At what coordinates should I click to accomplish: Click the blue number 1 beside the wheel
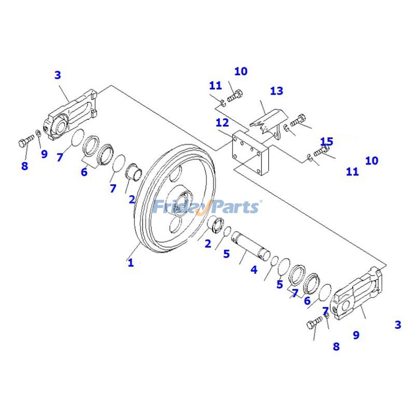click(x=131, y=263)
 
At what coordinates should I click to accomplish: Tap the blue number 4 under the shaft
click(x=254, y=270)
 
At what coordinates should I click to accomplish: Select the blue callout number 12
click(x=222, y=123)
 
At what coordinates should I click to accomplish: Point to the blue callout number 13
click(x=276, y=91)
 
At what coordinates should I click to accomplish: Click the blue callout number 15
click(x=326, y=142)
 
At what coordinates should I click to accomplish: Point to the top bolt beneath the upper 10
click(x=236, y=95)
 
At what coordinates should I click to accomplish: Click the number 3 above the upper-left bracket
click(x=58, y=75)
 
